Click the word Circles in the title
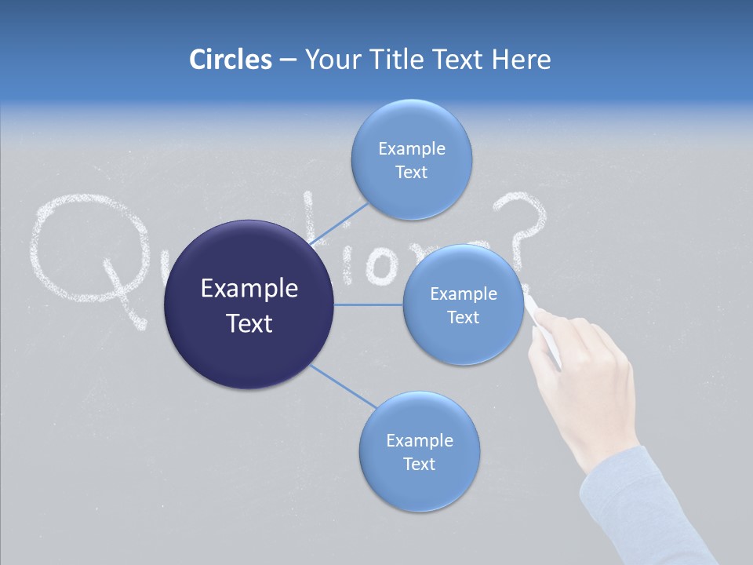pyautogui.click(x=230, y=60)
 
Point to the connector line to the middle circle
pyautogui.click(x=369, y=304)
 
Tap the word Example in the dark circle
pyautogui.click(x=249, y=289)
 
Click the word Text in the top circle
pyautogui.click(x=411, y=173)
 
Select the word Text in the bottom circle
pyautogui.click(x=419, y=464)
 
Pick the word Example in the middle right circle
pyautogui.click(x=463, y=294)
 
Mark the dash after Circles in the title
pyautogui.click(x=287, y=60)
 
